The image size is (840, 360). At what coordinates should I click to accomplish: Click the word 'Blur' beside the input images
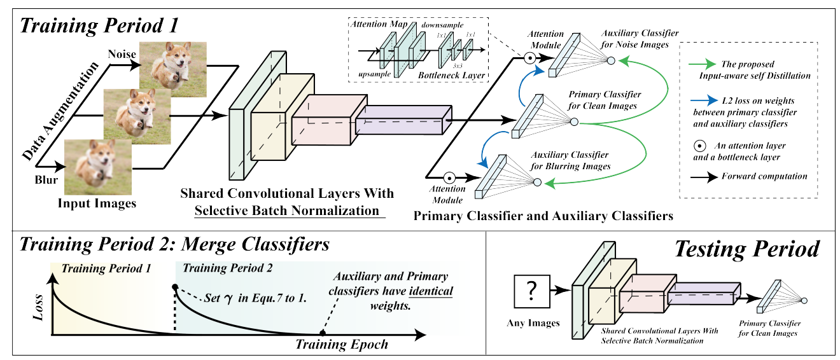46,180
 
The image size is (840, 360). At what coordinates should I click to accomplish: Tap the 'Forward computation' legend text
764,176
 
